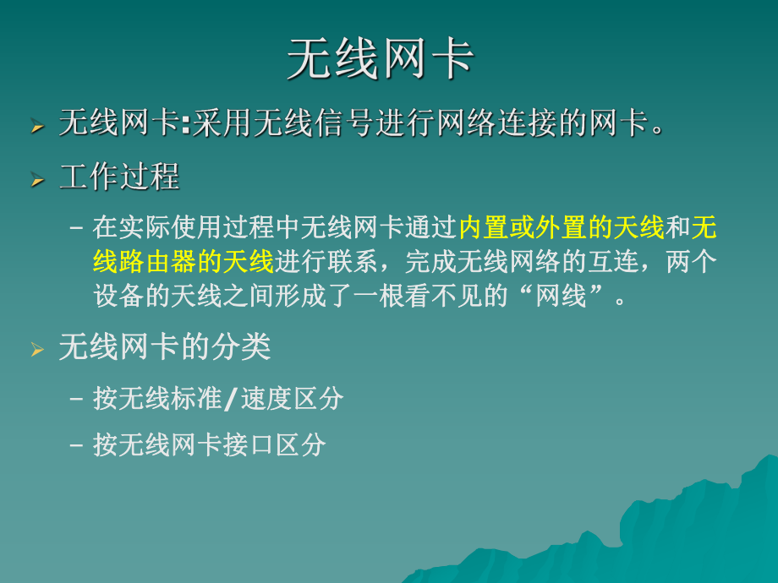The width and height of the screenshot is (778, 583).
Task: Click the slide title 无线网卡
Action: point(380,59)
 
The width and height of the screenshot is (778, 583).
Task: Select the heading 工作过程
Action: point(119,177)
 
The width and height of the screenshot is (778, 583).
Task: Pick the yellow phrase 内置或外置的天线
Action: point(562,228)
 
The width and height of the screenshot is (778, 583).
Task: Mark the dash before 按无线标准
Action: point(77,399)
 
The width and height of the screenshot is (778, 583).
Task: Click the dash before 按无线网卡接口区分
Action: point(77,445)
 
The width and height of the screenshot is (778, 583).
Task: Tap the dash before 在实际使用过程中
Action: point(77,228)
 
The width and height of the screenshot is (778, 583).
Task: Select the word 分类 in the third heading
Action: point(245,346)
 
